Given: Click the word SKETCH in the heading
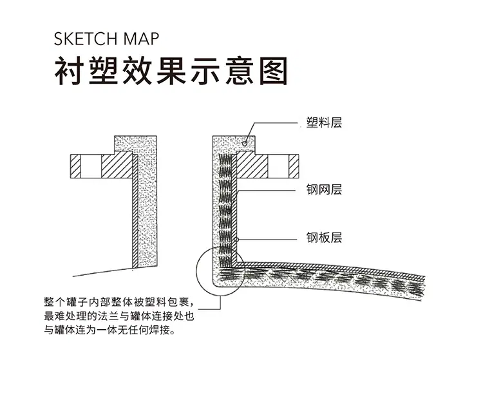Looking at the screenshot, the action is coord(86,39).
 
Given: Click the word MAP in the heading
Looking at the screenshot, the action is coord(142,39).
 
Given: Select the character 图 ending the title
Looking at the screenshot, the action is coord(274,71).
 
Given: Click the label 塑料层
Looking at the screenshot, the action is coord(324,122).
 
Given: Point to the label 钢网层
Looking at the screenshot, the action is coord(324,189).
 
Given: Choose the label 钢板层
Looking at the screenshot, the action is coord(324,238).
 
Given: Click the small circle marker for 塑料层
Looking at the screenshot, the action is coord(245,143).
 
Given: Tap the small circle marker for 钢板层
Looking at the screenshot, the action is coord(236,240).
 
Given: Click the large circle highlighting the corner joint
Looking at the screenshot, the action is coord(196,271).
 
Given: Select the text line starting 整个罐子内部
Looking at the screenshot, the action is coord(119,302).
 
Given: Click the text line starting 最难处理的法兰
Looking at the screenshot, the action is coord(119,316).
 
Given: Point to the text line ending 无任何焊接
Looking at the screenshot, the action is coord(109,330).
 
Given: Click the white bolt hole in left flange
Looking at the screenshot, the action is coord(91,166).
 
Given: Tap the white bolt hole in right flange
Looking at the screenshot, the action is coord(278,166).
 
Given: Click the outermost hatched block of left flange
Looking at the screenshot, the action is coord(75,166).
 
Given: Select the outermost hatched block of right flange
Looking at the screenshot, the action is coord(294,166).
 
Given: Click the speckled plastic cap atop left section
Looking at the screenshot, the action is coord(135,144).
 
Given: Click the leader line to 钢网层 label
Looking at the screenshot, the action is coord(267,190).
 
